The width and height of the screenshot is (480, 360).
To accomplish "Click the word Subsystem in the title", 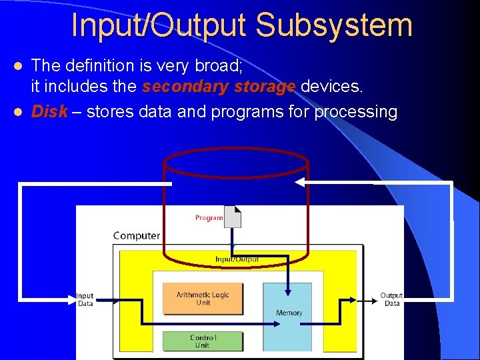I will (x=334, y=25).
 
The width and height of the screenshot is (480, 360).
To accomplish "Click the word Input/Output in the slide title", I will (x=159, y=25).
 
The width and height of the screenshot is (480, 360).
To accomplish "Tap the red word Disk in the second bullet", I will (x=49, y=111).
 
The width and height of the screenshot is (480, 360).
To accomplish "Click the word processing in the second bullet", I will (x=355, y=111).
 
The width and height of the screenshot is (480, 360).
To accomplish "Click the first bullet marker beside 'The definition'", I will (x=19, y=65).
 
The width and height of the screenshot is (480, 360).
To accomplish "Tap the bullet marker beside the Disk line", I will (x=19, y=111).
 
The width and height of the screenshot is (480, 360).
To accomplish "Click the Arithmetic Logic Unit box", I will (x=203, y=299).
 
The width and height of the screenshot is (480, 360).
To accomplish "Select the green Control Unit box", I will (x=203, y=341).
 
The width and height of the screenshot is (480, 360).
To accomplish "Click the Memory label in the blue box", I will (x=289, y=313).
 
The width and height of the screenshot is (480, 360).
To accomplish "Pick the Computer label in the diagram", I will (x=137, y=235).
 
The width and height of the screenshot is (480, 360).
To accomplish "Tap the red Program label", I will (x=209, y=218).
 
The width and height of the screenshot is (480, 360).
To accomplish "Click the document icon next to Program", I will (x=233, y=217).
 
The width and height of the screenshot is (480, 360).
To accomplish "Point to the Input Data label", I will (x=85, y=299).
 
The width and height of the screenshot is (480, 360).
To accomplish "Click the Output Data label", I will (x=391, y=299).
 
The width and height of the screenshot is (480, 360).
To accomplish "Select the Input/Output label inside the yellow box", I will (x=237, y=259).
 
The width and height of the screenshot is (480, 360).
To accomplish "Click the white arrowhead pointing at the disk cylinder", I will (x=300, y=181).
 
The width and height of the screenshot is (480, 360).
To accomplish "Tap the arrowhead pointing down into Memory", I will (x=288, y=291).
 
